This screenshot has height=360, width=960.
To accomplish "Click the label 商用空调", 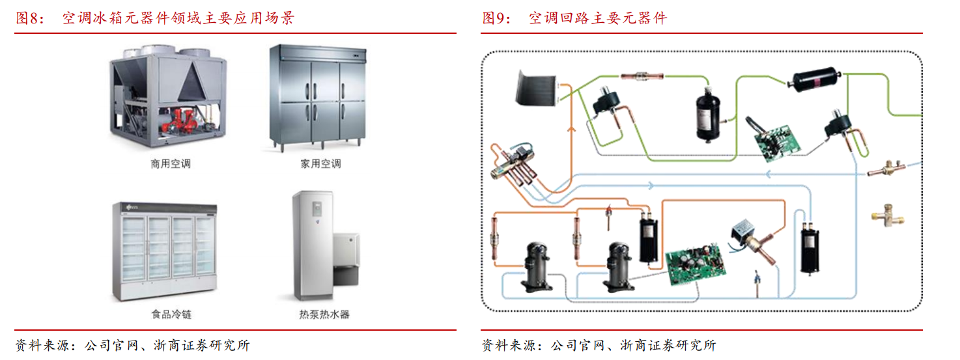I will click(x=171, y=164).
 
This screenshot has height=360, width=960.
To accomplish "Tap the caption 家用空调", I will click(x=320, y=164).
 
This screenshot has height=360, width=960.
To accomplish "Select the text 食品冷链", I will click(x=171, y=314).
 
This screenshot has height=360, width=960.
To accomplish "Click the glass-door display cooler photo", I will click(x=165, y=251).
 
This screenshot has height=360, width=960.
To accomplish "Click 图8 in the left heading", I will click(x=27, y=18).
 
